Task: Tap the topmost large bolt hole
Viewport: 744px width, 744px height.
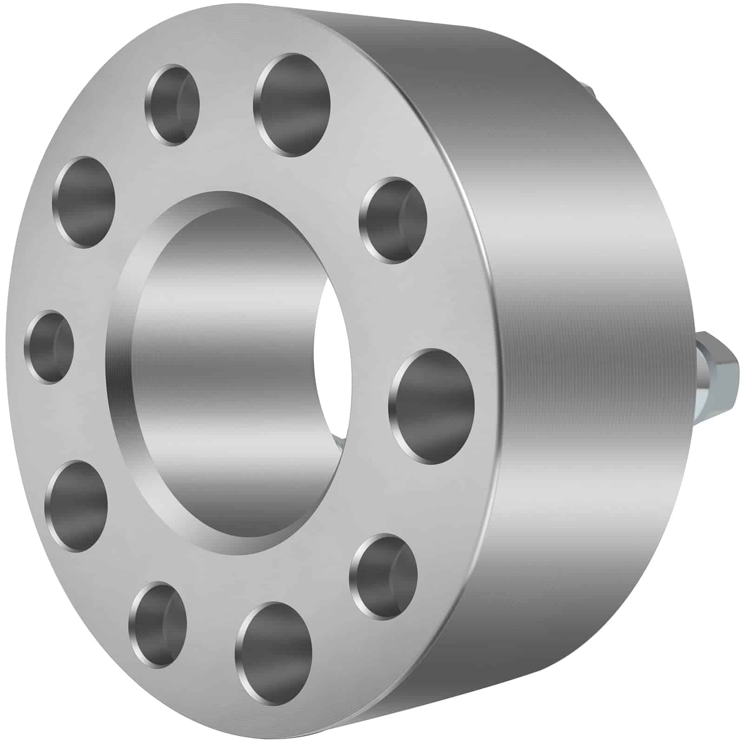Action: pyautogui.click(x=292, y=104)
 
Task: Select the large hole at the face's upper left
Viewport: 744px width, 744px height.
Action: pyautogui.click(x=84, y=202)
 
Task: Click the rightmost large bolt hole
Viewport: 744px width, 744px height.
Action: pyautogui.click(x=432, y=406)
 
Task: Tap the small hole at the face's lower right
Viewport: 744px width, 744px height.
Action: pyautogui.click(x=383, y=577)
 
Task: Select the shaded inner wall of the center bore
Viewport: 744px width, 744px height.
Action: pyautogui.click(x=223, y=372)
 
